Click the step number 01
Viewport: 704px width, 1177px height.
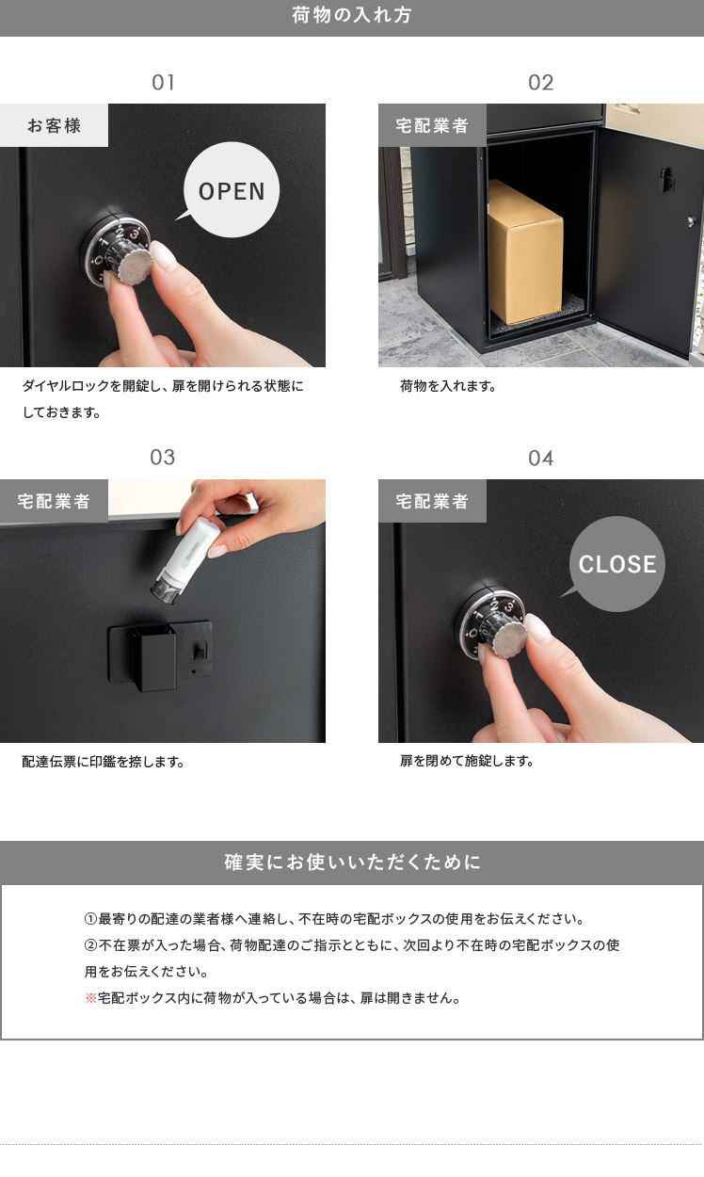(163, 83)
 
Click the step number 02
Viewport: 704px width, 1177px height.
(540, 83)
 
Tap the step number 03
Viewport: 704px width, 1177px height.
(162, 457)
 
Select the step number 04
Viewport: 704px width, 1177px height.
(540, 459)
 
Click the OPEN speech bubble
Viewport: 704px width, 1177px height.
(232, 189)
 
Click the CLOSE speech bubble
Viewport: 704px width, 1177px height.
(616, 564)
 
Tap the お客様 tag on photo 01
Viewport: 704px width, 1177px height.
(54, 125)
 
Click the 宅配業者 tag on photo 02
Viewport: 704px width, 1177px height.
(432, 125)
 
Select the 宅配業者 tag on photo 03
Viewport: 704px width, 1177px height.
(54, 501)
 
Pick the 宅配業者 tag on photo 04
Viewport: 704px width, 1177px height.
(432, 501)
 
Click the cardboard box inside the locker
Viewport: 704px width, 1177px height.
(525, 252)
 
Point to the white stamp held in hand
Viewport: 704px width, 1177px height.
(186, 560)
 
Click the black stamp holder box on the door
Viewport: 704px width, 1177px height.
(152, 657)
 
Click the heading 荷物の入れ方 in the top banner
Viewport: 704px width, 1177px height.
(351, 15)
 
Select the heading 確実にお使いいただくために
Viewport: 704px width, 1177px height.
(352, 863)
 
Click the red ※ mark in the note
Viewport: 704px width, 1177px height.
(90, 998)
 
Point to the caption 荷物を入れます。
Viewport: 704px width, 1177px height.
(448, 386)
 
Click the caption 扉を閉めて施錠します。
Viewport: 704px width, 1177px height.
(467, 761)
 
